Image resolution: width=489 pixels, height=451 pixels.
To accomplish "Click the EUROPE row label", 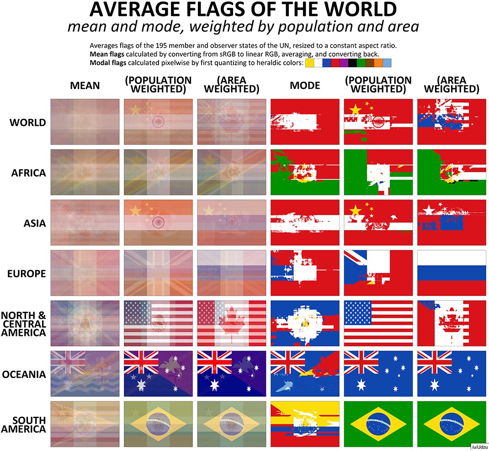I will click(x=27, y=274).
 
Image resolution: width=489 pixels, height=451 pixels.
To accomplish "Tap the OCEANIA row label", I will click(x=24, y=375).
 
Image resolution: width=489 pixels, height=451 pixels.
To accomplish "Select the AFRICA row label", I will click(x=27, y=173).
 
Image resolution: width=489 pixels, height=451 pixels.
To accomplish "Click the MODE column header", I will click(x=305, y=85).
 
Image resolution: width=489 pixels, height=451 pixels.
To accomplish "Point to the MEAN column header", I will click(x=85, y=85).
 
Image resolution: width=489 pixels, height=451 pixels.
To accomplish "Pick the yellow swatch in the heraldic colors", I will click(x=310, y=63).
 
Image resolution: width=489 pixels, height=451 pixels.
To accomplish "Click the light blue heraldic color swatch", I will click(x=387, y=63).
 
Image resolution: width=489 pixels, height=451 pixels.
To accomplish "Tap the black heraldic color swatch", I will click(x=352, y=63).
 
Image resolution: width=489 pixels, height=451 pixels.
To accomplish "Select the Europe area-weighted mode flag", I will click(x=452, y=273).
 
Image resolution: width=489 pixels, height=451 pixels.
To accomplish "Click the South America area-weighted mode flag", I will click(x=452, y=424).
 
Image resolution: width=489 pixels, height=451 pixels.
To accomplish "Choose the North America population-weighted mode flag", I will click(x=378, y=323).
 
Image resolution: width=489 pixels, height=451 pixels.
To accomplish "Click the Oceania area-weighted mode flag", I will click(x=452, y=373).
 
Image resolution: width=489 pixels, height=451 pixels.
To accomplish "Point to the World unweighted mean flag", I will click(x=85, y=122).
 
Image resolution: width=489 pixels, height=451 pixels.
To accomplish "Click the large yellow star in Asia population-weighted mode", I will click(x=355, y=210).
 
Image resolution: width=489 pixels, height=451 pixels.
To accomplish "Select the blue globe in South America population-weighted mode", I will click(x=378, y=424).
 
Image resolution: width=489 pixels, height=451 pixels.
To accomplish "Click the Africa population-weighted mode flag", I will click(x=378, y=173).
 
